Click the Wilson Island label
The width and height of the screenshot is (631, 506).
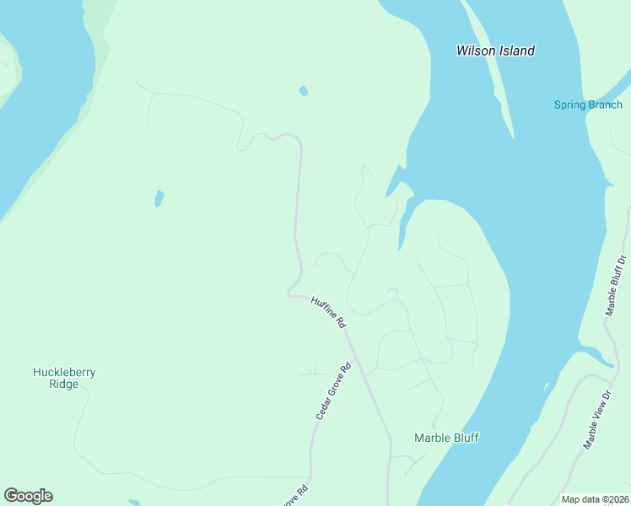(x=495, y=51)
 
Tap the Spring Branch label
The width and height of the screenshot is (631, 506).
(x=588, y=105)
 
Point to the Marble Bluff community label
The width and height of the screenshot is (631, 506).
(x=446, y=438)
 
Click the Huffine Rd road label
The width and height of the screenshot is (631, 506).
(x=329, y=312)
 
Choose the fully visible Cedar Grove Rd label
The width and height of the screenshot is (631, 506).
(x=333, y=392)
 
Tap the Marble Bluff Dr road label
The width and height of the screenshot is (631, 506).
(x=617, y=285)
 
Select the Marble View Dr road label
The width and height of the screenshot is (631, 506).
(x=597, y=420)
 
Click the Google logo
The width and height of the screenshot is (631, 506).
(x=28, y=496)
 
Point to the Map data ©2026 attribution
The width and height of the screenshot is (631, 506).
(x=594, y=499)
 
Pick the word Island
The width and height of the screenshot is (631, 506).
(x=515, y=51)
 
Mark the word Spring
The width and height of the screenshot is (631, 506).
(x=569, y=105)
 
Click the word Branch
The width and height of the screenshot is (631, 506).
(x=605, y=105)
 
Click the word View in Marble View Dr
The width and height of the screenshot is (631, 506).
(x=599, y=417)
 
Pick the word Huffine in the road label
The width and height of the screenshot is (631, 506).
(x=324, y=307)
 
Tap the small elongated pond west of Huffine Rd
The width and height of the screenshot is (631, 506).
(x=158, y=199)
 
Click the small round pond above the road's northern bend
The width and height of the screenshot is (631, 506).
(x=303, y=90)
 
